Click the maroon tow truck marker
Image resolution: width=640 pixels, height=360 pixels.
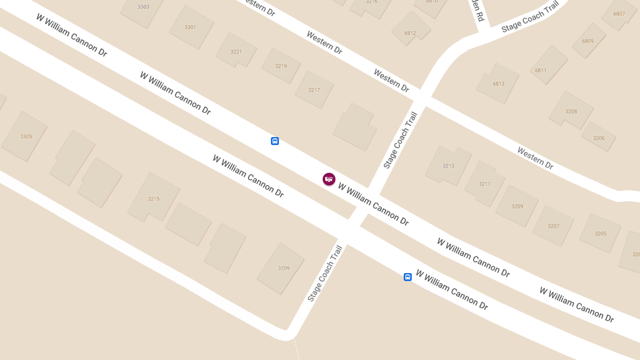point(329,179)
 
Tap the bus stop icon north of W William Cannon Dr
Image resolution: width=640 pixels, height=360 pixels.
point(275,141)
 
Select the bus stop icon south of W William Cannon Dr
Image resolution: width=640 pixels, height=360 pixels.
point(407,277)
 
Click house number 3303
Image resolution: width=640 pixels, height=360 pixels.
point(143,7)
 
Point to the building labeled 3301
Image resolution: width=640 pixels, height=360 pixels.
point(190,27)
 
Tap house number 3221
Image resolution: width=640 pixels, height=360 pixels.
point(236,52)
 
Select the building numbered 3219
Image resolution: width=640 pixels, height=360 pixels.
point(281,66)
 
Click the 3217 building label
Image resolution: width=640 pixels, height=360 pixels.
point(314,90)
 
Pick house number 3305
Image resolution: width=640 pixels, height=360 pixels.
point(26,137)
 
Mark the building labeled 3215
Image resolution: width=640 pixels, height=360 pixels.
point(154,199)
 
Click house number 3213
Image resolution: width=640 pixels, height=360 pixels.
point(449,166)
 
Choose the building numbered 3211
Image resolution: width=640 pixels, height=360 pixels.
point(484,184)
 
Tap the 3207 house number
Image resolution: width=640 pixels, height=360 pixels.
point(554,226)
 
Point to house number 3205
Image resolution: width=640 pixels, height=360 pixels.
point(601,234)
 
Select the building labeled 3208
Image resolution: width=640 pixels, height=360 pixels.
point(571,111)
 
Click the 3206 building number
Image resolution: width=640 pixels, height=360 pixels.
point(599,138)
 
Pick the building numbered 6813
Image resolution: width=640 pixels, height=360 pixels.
point(499,84)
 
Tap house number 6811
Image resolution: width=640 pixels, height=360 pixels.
point(541,70)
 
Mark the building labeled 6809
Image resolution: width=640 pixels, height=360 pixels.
point(588,41)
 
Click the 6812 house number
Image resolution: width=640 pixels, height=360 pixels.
point(410,33)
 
